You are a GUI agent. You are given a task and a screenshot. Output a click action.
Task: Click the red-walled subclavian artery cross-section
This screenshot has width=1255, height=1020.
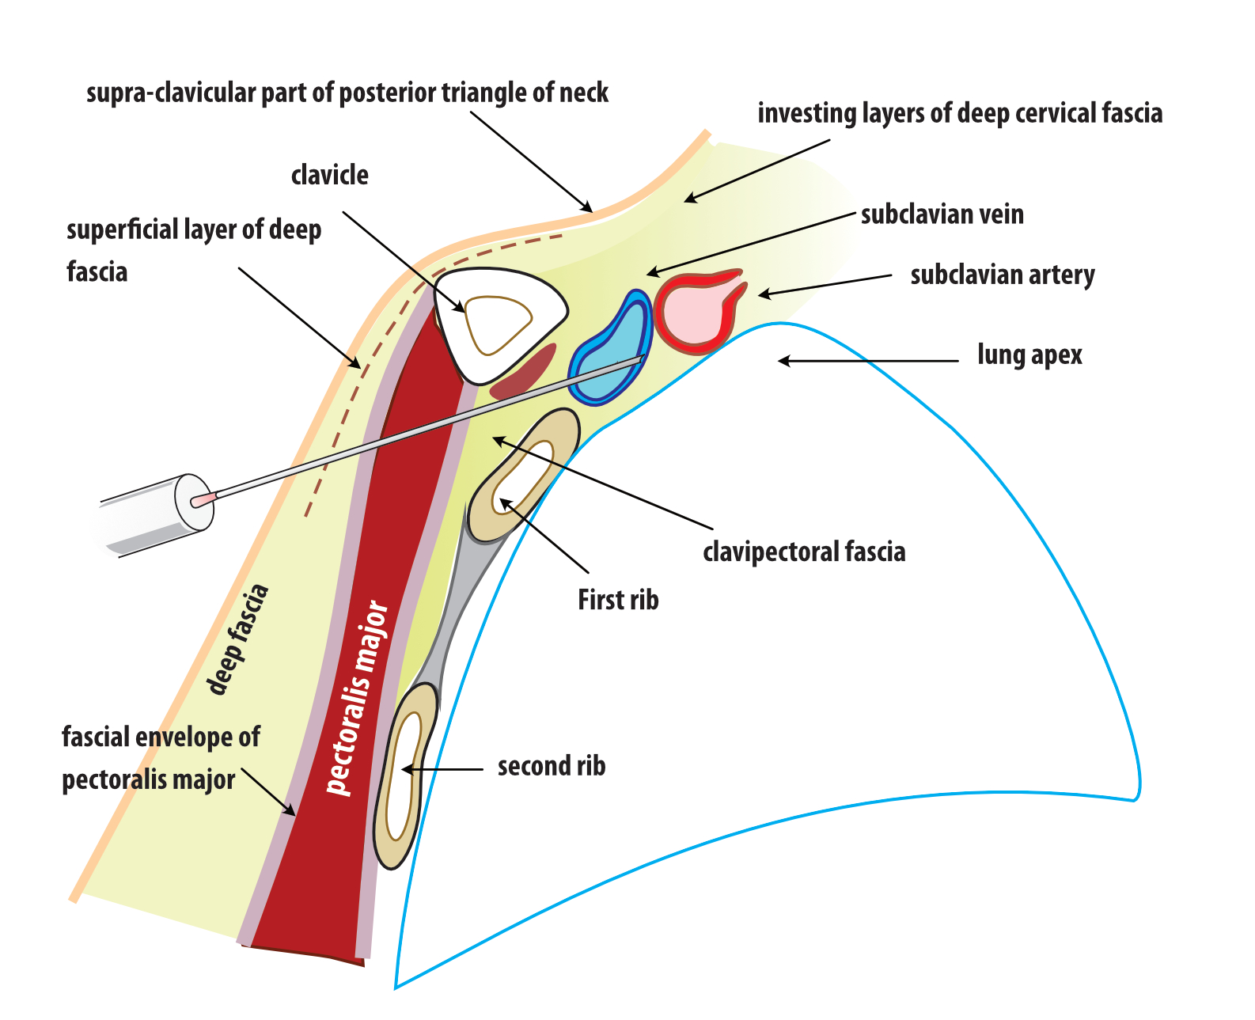pyautogui.click(x=698, y=313)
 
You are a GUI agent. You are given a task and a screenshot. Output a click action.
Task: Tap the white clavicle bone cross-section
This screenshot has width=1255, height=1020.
pyautogui.click(x=499, y=325)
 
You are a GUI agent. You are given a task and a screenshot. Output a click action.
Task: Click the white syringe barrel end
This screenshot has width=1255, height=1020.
pyautogui.click(x=154, y=516)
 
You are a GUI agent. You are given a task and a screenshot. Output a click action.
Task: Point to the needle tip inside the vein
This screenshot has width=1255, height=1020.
pyautogui.click(x=643, y=357)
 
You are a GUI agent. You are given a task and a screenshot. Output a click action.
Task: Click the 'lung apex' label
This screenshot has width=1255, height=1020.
pyautogui.click(x=1030, y=355)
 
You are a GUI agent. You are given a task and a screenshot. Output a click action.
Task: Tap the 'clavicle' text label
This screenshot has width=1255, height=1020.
pyautogui.click(x=330, y=175)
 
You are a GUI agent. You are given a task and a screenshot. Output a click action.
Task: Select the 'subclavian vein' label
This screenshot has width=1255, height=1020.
pyautogui.click(x=942, y=214)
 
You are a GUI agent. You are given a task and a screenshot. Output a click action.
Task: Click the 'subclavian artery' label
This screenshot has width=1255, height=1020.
pyautogui.click(x=1003, y=275)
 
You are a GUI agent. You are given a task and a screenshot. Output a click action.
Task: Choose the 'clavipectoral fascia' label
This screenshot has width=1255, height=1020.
pyautogui.click(x=804, y=552)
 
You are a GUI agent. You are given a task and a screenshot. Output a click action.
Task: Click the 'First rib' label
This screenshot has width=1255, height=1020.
pyautogui.click(x=618, y=600)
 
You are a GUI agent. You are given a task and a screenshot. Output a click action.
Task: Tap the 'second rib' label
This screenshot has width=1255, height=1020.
pyautogui.click(x=552, y=766)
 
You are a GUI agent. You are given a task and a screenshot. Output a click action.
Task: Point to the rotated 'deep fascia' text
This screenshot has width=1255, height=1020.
pyautogui.click(x=237, y=639)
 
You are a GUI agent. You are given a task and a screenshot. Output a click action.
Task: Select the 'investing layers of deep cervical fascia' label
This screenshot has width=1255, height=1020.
pyautogui.click(x=961, y=113)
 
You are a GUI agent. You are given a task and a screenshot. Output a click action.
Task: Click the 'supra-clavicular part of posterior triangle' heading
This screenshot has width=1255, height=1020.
pyautogui.click(x=347, y=93)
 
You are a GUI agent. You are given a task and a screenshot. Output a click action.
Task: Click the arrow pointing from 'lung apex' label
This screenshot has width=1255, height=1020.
pyautogui.click(x=869, y=361)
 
